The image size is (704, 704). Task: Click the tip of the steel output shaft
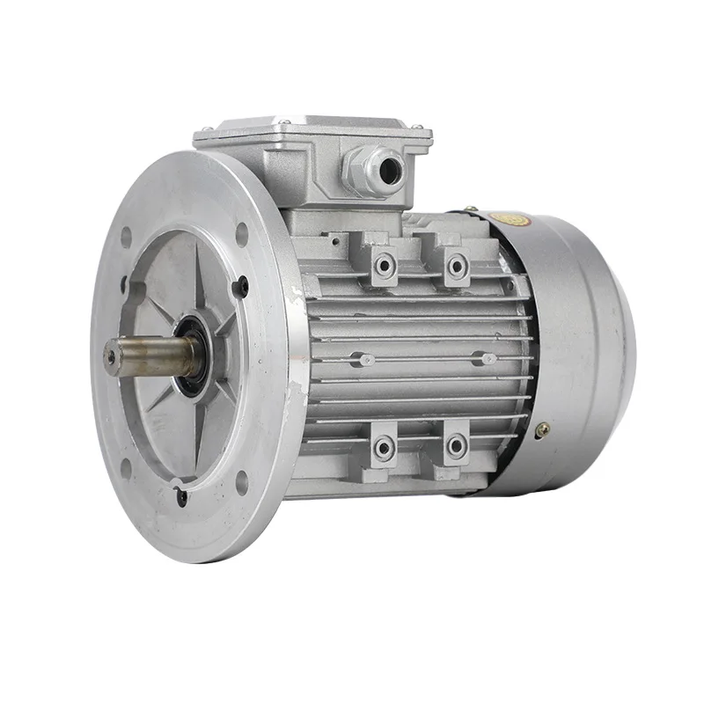coord(112,357)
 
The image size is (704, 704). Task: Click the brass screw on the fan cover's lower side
coord(543,429)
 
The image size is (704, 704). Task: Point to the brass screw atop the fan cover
coord(473,209)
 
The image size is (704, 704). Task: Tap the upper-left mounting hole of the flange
coord(126,236)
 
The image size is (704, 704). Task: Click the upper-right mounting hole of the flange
coord(241,232)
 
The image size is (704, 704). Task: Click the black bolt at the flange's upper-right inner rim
coord(244,286)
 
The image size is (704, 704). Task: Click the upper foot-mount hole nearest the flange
coord(384,264)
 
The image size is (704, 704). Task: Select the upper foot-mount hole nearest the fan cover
coord(456,264)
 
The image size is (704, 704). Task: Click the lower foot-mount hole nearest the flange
coord(383,449)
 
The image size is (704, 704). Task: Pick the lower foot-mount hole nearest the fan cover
coord(456,448)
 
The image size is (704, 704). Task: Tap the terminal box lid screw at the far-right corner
coord(428,134)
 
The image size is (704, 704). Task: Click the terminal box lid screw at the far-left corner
coord(202,132)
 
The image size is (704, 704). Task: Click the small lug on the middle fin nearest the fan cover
coord(482,358)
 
